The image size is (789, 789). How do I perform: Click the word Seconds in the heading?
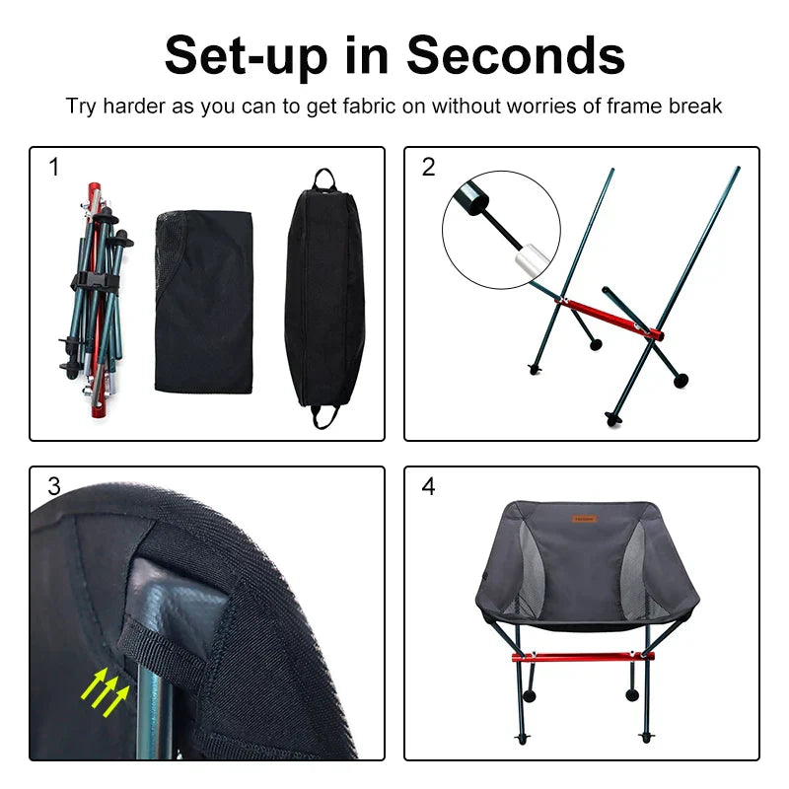tap(516, 55)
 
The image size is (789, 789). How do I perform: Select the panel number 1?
tap(54, 168)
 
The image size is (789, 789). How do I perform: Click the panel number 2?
tap(428, 168)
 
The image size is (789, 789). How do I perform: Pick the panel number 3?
tap(54, 486)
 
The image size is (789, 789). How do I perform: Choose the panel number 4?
tap(428, 486)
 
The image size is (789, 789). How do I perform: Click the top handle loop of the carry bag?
tap(324, 179)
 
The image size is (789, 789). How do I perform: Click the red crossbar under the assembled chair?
tap(582, 655)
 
